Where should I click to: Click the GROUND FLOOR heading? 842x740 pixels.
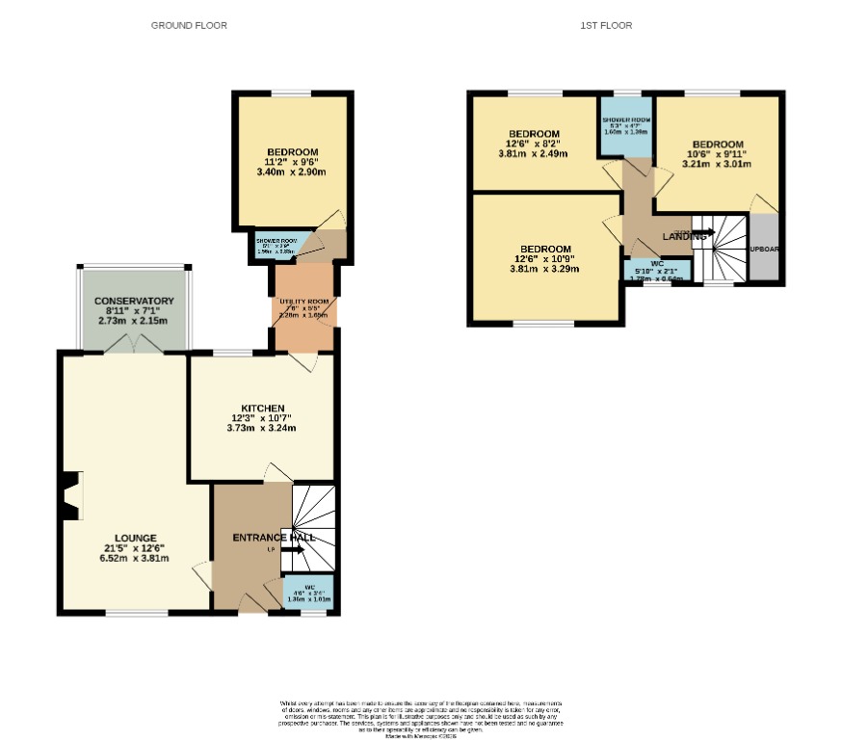(189, 25)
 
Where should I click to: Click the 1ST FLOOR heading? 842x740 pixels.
(606, 25)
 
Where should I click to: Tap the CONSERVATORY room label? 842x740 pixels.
(134, 302)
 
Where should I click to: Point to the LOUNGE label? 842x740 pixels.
(135, 538)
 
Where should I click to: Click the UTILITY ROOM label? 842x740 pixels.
(304, 302)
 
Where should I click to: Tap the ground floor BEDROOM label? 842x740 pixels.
(292, 152)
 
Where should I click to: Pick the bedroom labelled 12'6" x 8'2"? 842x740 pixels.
(535, 134)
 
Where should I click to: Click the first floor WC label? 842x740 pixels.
(656, 263)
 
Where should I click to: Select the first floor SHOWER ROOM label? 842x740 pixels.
(626, 120)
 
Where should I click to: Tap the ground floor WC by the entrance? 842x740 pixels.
(308, 592)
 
